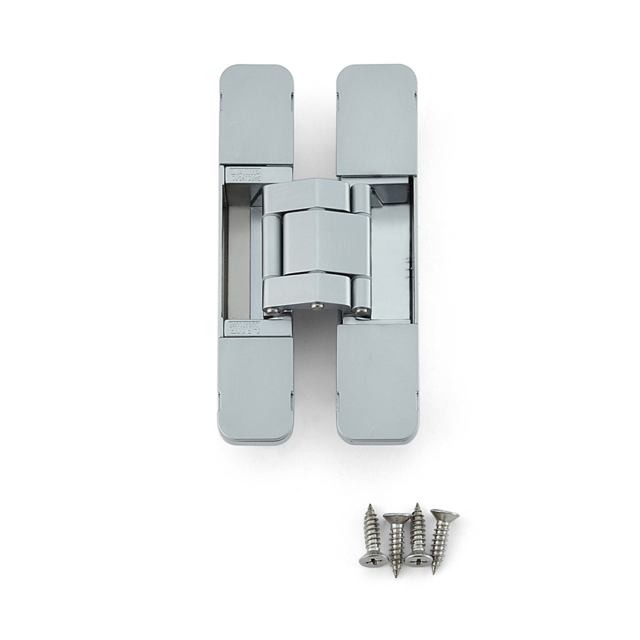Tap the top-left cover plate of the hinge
point(257,114)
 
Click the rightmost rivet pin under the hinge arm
point(363,308)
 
